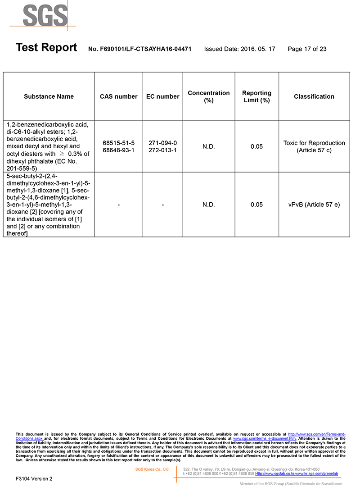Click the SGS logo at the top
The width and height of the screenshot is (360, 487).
click(x=45, y=16)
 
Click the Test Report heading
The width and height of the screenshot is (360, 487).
click(x=46, y=48)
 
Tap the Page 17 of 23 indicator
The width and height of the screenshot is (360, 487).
click(x=307, y=49)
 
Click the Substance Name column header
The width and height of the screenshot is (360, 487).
click(x=49, y=96)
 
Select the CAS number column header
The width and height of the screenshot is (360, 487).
click(x=118, y=96)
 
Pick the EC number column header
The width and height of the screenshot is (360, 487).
click(x=162, y=96)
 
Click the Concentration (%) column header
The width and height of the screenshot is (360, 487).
click(x=208, y=96)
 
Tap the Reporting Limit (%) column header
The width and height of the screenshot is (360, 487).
click(x=256, y=96)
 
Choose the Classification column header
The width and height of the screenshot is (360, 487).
click(x=314, y=96)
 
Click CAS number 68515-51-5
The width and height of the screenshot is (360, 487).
click(x=118, y=143)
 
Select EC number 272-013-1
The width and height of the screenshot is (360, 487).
click(x=162, y=150)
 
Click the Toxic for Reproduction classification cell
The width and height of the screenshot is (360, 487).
click(x=314, y=146)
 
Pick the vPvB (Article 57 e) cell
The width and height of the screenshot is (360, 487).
click(x=314, y=205)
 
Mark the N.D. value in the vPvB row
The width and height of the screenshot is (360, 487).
click(x=208, y=205)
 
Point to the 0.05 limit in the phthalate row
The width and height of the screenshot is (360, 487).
click(x=256, y=146)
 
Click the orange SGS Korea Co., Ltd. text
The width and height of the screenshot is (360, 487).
click(x=152, y=469)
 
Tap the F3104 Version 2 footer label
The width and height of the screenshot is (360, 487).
click(x=34, y=478)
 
